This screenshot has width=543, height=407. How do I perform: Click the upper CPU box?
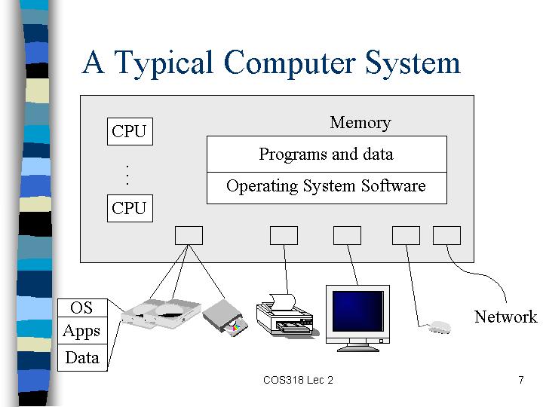tap(130, 131)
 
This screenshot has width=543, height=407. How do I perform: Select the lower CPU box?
tap(130, 208)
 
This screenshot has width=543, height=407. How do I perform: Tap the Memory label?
tap(360, 123)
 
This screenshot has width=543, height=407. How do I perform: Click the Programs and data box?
tap(327, 154)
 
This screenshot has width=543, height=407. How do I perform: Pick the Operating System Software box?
tap(327, 188)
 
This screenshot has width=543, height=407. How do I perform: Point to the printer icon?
tap(284, 315)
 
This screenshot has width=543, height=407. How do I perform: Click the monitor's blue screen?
tap(358, 311)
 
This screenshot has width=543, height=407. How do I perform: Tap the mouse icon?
tap(440, 327)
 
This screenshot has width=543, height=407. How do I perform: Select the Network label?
tap(505, 317)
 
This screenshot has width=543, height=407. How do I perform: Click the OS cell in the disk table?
tap(82, 308)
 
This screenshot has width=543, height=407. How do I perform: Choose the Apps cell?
tap(82, 331)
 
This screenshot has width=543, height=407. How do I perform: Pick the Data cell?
tap(82, 357)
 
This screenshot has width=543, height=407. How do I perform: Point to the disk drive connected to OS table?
tap(161, 314)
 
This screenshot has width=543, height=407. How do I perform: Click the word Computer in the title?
tap(290, 63)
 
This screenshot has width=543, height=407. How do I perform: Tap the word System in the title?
tap(413, 63)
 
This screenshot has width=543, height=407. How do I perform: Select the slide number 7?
tap(521, 380)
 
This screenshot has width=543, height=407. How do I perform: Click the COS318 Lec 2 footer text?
tap(298, 380)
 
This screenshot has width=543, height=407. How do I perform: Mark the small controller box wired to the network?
tap(446, 236)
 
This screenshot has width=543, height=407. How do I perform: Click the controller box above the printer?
tap(284, 236)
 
